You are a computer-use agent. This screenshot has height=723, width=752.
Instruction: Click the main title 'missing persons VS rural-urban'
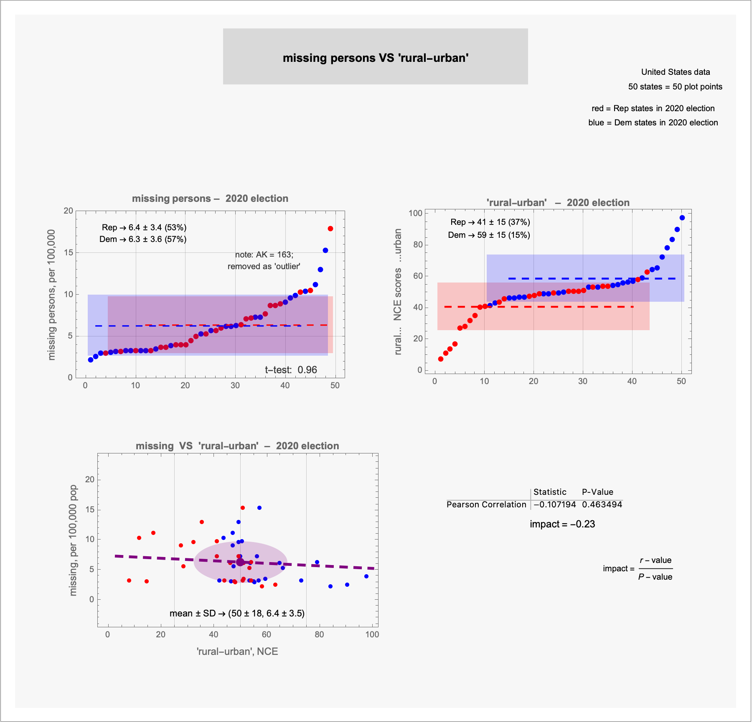(375, 58)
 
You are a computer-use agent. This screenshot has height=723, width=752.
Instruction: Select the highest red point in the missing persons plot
(330, 229)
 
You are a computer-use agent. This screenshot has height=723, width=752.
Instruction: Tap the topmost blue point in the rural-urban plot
(682, 218)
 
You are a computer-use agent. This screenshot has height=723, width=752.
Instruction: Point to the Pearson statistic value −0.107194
(555, 504)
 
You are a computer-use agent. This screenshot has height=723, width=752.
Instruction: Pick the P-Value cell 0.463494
(602, 504)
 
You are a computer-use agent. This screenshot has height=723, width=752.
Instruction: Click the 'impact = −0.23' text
(562, 524)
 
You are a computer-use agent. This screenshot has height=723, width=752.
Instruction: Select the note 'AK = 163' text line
(264, 255)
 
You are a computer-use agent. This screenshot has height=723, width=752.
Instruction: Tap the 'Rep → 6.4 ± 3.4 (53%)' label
(144, 227)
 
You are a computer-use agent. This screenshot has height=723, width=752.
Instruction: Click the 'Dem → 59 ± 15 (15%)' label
(489, 235)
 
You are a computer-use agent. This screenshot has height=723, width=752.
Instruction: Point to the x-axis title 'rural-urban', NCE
(237, 652)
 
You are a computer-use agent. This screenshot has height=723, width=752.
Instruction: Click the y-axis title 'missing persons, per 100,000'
(51, 295)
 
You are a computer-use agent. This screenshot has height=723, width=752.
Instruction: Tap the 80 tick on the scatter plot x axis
(319, 634)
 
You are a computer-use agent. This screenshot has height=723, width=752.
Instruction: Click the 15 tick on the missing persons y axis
(68, 252)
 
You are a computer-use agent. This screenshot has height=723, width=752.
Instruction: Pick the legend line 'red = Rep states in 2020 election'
(653, 108)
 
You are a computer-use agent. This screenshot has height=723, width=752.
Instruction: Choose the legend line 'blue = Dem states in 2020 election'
(653, 122)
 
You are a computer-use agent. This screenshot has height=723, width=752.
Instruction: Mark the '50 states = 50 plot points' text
(675, 87)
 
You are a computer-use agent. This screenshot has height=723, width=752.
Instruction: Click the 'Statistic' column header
(550, 492)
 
